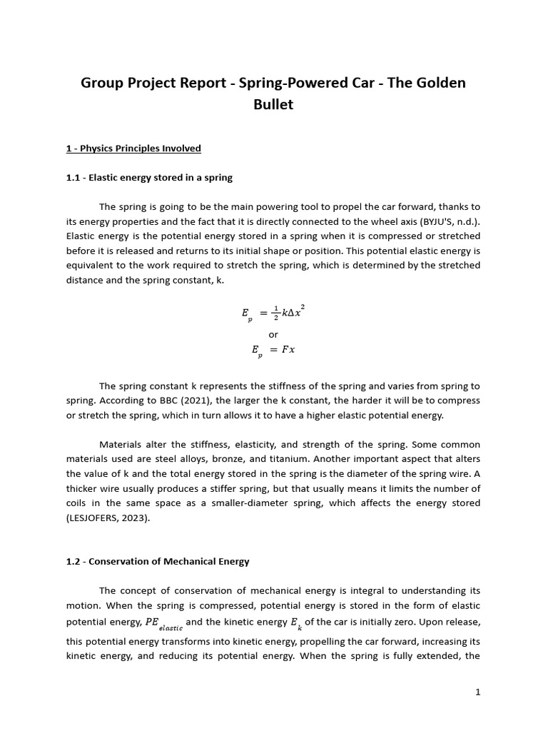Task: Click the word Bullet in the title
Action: pyautogui.click(x=273, y=105)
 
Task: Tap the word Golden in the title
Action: pyautogui.click(x=426, y=83)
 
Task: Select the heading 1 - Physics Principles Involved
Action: pyautogui.click(x=133, y=148)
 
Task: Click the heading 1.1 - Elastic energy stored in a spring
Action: pyautogui.click(x=149, y=177)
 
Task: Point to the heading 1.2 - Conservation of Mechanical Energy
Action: pyautogui.click(x=158, y=561)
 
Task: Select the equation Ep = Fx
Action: pyautogui.click(x=273, y=351)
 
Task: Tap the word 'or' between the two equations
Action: pyautogui.click(x=273, y=334)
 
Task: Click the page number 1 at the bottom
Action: pyautogui.click(x=478, y=692)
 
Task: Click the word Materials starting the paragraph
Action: pyautogui.click(x=121, y=444)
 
